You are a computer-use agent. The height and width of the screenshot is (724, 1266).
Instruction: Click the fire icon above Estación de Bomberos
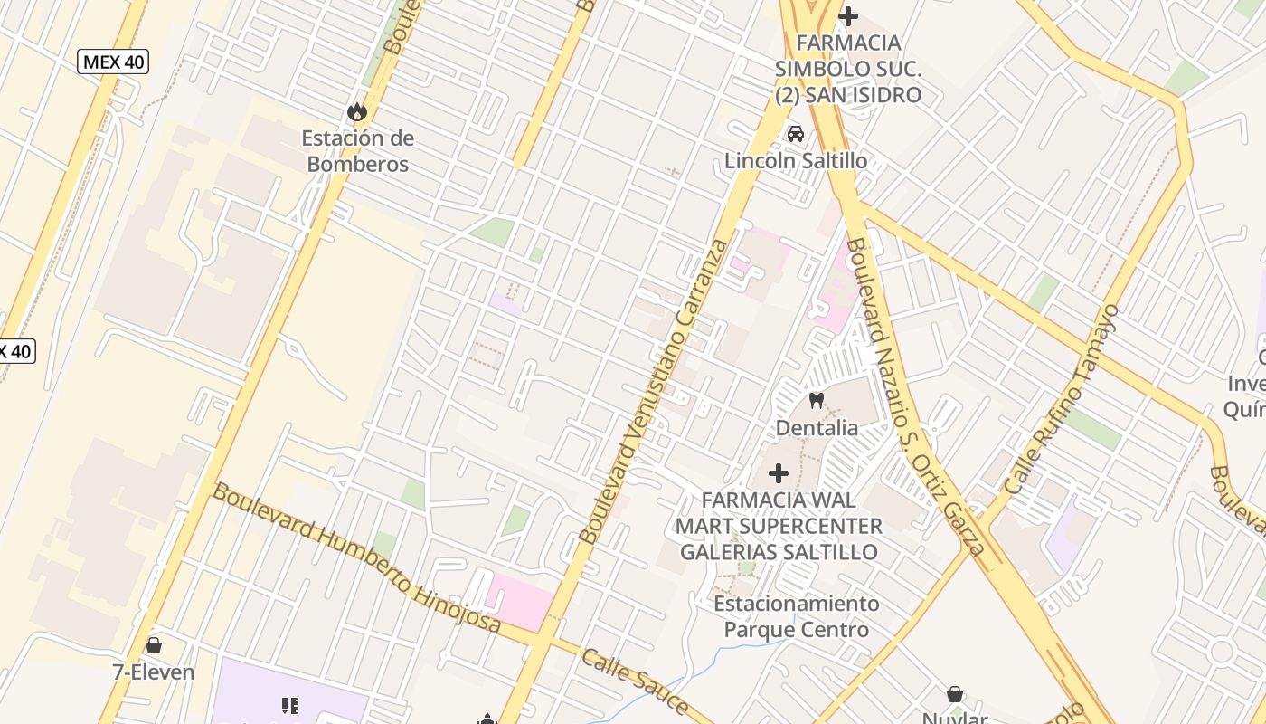(x=357, y=111)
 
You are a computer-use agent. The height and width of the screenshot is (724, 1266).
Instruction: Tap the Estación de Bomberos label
(x=358, y=151)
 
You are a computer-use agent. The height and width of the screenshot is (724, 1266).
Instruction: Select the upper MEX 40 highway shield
(x=114, y=62)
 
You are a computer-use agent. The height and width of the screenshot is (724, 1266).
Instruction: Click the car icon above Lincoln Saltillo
(x=796, y=134)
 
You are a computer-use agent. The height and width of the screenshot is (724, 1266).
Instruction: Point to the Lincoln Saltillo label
(x=796, y=161)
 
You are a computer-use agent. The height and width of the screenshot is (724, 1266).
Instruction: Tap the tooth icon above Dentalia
(x=817, y=400)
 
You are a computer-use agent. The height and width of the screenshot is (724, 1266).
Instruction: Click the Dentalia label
(x=817, y=427)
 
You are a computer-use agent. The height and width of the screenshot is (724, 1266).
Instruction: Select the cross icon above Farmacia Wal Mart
(x=778, y=472)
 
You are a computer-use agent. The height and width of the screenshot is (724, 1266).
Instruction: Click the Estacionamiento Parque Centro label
(x=796, y=616)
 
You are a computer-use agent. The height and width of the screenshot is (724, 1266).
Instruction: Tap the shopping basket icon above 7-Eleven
(x=154, y=645)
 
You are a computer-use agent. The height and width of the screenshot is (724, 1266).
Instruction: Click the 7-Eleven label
(x=154, y=672)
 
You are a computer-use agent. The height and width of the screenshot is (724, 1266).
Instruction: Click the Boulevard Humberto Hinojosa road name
(x=356, y=557)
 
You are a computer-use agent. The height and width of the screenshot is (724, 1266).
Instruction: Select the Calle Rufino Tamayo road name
(x=1063, y=400)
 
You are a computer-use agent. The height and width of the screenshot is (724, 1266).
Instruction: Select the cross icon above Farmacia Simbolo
(x=848, y=15)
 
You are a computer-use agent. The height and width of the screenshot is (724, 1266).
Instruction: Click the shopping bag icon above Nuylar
(x=955, y=694)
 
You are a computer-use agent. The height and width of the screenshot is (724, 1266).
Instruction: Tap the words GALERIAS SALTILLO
(x=779, y=552)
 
